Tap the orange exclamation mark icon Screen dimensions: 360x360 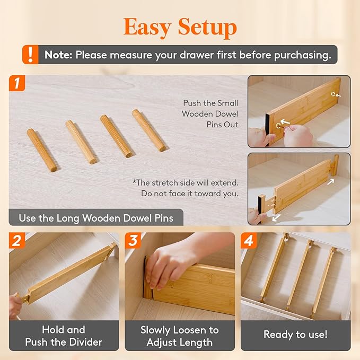point(30,54)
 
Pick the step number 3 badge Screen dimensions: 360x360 point(133,241)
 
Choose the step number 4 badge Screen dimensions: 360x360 point(248,241)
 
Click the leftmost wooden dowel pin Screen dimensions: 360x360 point(42,150)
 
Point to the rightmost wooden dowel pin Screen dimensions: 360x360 point(148,130)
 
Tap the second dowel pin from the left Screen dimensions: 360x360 point(81,142)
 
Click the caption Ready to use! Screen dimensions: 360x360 point(295,335)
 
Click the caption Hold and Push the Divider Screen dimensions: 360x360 point(64,336)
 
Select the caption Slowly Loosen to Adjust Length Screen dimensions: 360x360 point(179,336)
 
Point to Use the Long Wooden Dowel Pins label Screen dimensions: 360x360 point(96,218)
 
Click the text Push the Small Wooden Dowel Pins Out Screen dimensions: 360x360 point(210,114)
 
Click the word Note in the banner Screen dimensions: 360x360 point(58,55)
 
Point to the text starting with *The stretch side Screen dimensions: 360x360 point(185,188)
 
